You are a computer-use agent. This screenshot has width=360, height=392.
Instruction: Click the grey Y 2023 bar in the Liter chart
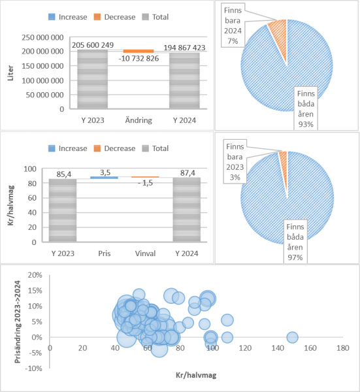click(x=93, y=79)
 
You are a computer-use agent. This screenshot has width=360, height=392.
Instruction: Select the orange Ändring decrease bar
click(x=139, y=51)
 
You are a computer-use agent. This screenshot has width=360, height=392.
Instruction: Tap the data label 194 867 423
click(x=184, y=48)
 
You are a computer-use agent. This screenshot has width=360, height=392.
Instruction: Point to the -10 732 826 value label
click(x=139, y=59)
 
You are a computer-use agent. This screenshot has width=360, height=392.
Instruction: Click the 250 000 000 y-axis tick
click(x=42, y=37)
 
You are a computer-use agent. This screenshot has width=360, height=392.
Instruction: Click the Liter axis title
click(x=10, y=73)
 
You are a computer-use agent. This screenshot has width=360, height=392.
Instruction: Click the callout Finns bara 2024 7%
click(x=233, y=25)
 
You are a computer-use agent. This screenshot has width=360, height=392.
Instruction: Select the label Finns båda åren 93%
click(x=306, y=108)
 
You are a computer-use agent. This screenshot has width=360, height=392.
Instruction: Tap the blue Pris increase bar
click(x=104, y=178)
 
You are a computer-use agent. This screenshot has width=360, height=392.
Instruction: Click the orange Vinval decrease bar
click(x=145, y=177)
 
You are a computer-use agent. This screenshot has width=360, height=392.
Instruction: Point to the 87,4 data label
click(x=188, y=172)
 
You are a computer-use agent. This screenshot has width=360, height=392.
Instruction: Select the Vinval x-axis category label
click(x=145, y=253)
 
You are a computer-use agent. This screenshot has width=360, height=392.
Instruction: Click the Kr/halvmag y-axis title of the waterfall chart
click(x=10, y=205)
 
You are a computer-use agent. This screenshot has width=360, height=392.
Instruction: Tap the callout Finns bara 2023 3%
click(x=235, y=162)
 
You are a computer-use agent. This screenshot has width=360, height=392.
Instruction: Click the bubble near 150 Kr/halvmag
click(x=292, y=337)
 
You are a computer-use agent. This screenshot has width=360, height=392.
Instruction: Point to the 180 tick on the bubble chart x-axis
click(x=343, y=348)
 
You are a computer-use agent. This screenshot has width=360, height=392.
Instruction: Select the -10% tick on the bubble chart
click(x=33, y=368)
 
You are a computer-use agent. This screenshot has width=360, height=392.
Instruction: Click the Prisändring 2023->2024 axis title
click(x=18, y=321)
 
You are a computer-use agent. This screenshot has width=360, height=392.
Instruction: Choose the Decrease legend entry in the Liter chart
click(x=115, y=17)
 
